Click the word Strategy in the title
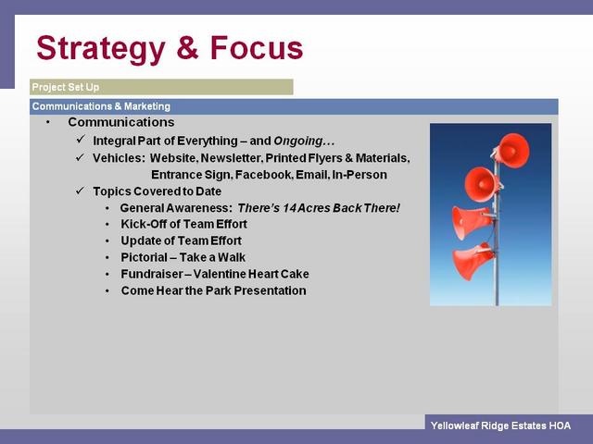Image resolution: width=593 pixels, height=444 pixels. click(101, 49)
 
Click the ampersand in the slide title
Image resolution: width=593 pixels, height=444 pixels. click(187, 47)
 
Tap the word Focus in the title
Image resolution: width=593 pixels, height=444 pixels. click(257, 47)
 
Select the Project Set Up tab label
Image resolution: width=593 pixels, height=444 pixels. click(66, 87)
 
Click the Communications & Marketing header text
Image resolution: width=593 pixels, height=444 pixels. click(101, 106)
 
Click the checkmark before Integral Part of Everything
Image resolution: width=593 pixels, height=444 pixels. click(81, 140)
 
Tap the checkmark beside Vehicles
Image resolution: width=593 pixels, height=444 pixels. click(81, 156)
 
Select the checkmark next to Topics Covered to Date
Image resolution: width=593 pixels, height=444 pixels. click(81, 191)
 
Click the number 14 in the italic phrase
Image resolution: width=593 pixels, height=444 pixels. click(289, 208)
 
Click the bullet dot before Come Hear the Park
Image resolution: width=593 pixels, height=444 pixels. click(107, 291)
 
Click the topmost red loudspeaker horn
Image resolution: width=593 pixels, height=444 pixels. click(511, 150)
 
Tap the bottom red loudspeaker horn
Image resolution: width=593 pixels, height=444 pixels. click(473, 261)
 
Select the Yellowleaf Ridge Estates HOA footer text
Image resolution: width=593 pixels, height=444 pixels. click(500, 425)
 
